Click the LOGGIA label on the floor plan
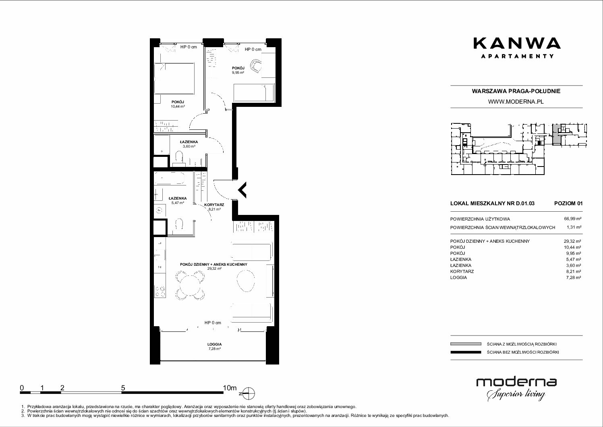point(215,344)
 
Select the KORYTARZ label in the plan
point(214,205)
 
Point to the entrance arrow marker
point(242,190)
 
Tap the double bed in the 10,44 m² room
point(174,78)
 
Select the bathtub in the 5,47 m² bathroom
point(170,178)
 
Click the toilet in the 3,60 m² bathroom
point(179,158)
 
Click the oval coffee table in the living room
point(245,281)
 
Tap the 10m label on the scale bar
point(230,387)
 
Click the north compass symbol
point(248,393)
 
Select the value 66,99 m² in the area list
point(572,219)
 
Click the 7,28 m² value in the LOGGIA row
point(573,277)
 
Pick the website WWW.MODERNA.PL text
point(516,102)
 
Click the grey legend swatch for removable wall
point(466,344)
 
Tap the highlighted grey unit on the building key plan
point(556,134)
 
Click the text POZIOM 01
point(568,203)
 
